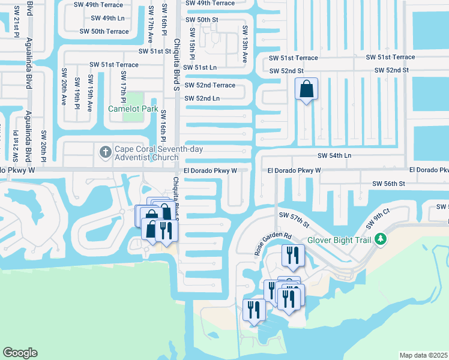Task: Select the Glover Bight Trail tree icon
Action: click(x=379, y=239)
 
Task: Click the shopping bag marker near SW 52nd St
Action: click(x=306, y=90)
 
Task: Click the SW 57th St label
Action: click(x=294, y=219)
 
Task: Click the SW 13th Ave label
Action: click(x=245, y=44)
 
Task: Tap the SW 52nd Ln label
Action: click(x=202, y=98)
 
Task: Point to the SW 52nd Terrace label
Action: click(x=209, y=85)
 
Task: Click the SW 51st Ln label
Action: click(x=201, y=68)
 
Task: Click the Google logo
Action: click(x=20, y=353)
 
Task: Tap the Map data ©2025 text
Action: click(x=424, y=355)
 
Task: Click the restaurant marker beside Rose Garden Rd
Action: click(x=294, y=255)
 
